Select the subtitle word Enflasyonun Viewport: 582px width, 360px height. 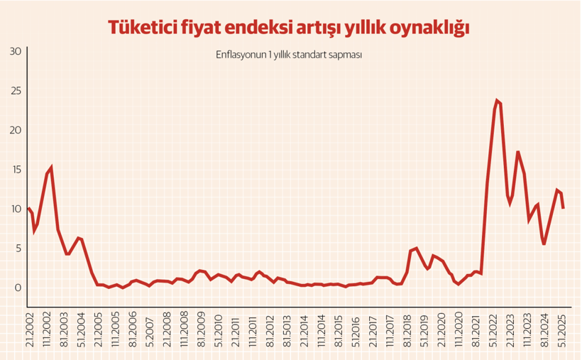241,55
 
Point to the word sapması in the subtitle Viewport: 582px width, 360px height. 347,55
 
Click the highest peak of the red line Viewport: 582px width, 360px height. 498,101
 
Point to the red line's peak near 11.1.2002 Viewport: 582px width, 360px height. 51,168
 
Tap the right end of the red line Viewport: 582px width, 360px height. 563,208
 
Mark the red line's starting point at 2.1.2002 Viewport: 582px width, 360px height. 28,208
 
